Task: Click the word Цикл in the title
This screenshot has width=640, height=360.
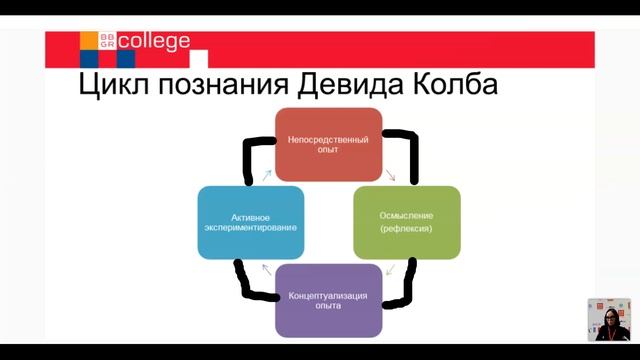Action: pos(114,84)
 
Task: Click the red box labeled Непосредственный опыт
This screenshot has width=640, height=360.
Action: pos(328,144)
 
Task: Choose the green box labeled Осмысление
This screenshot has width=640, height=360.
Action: pos(406,221)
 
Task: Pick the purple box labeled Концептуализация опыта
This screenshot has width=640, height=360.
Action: pos(328,300)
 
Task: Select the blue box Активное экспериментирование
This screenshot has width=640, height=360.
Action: pos(250,221)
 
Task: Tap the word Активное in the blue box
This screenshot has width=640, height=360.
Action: pos(250,215)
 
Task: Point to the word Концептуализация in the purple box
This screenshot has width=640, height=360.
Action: pos(328,295)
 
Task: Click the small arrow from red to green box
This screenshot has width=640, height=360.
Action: pos(391,176)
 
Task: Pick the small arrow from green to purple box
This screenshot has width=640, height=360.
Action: pos(390,269)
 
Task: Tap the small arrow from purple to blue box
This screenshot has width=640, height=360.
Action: pos(266,268)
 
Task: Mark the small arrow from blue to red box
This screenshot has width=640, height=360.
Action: pos(267,175)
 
